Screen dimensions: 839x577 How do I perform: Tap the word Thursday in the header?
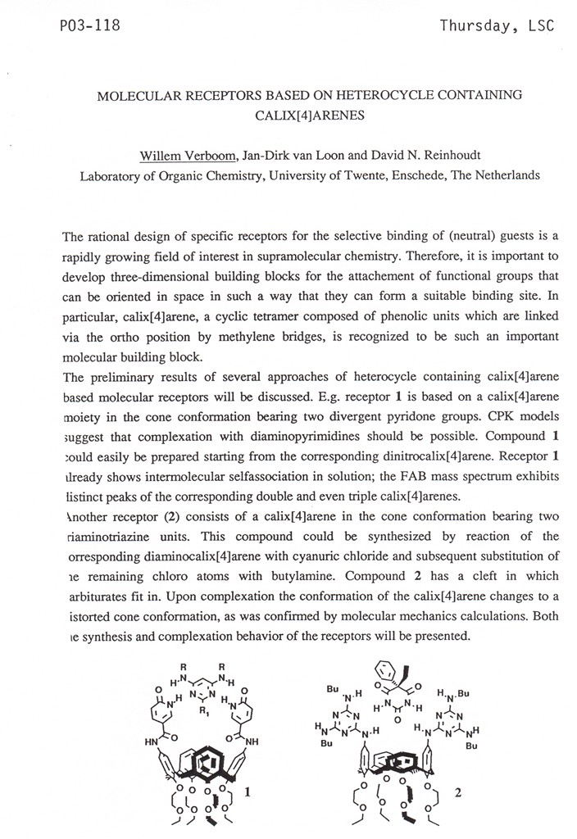pyautogui.click(x=476, y=25)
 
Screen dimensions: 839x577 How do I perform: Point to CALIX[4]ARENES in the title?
pyautogui.click(x=310, y=116)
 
